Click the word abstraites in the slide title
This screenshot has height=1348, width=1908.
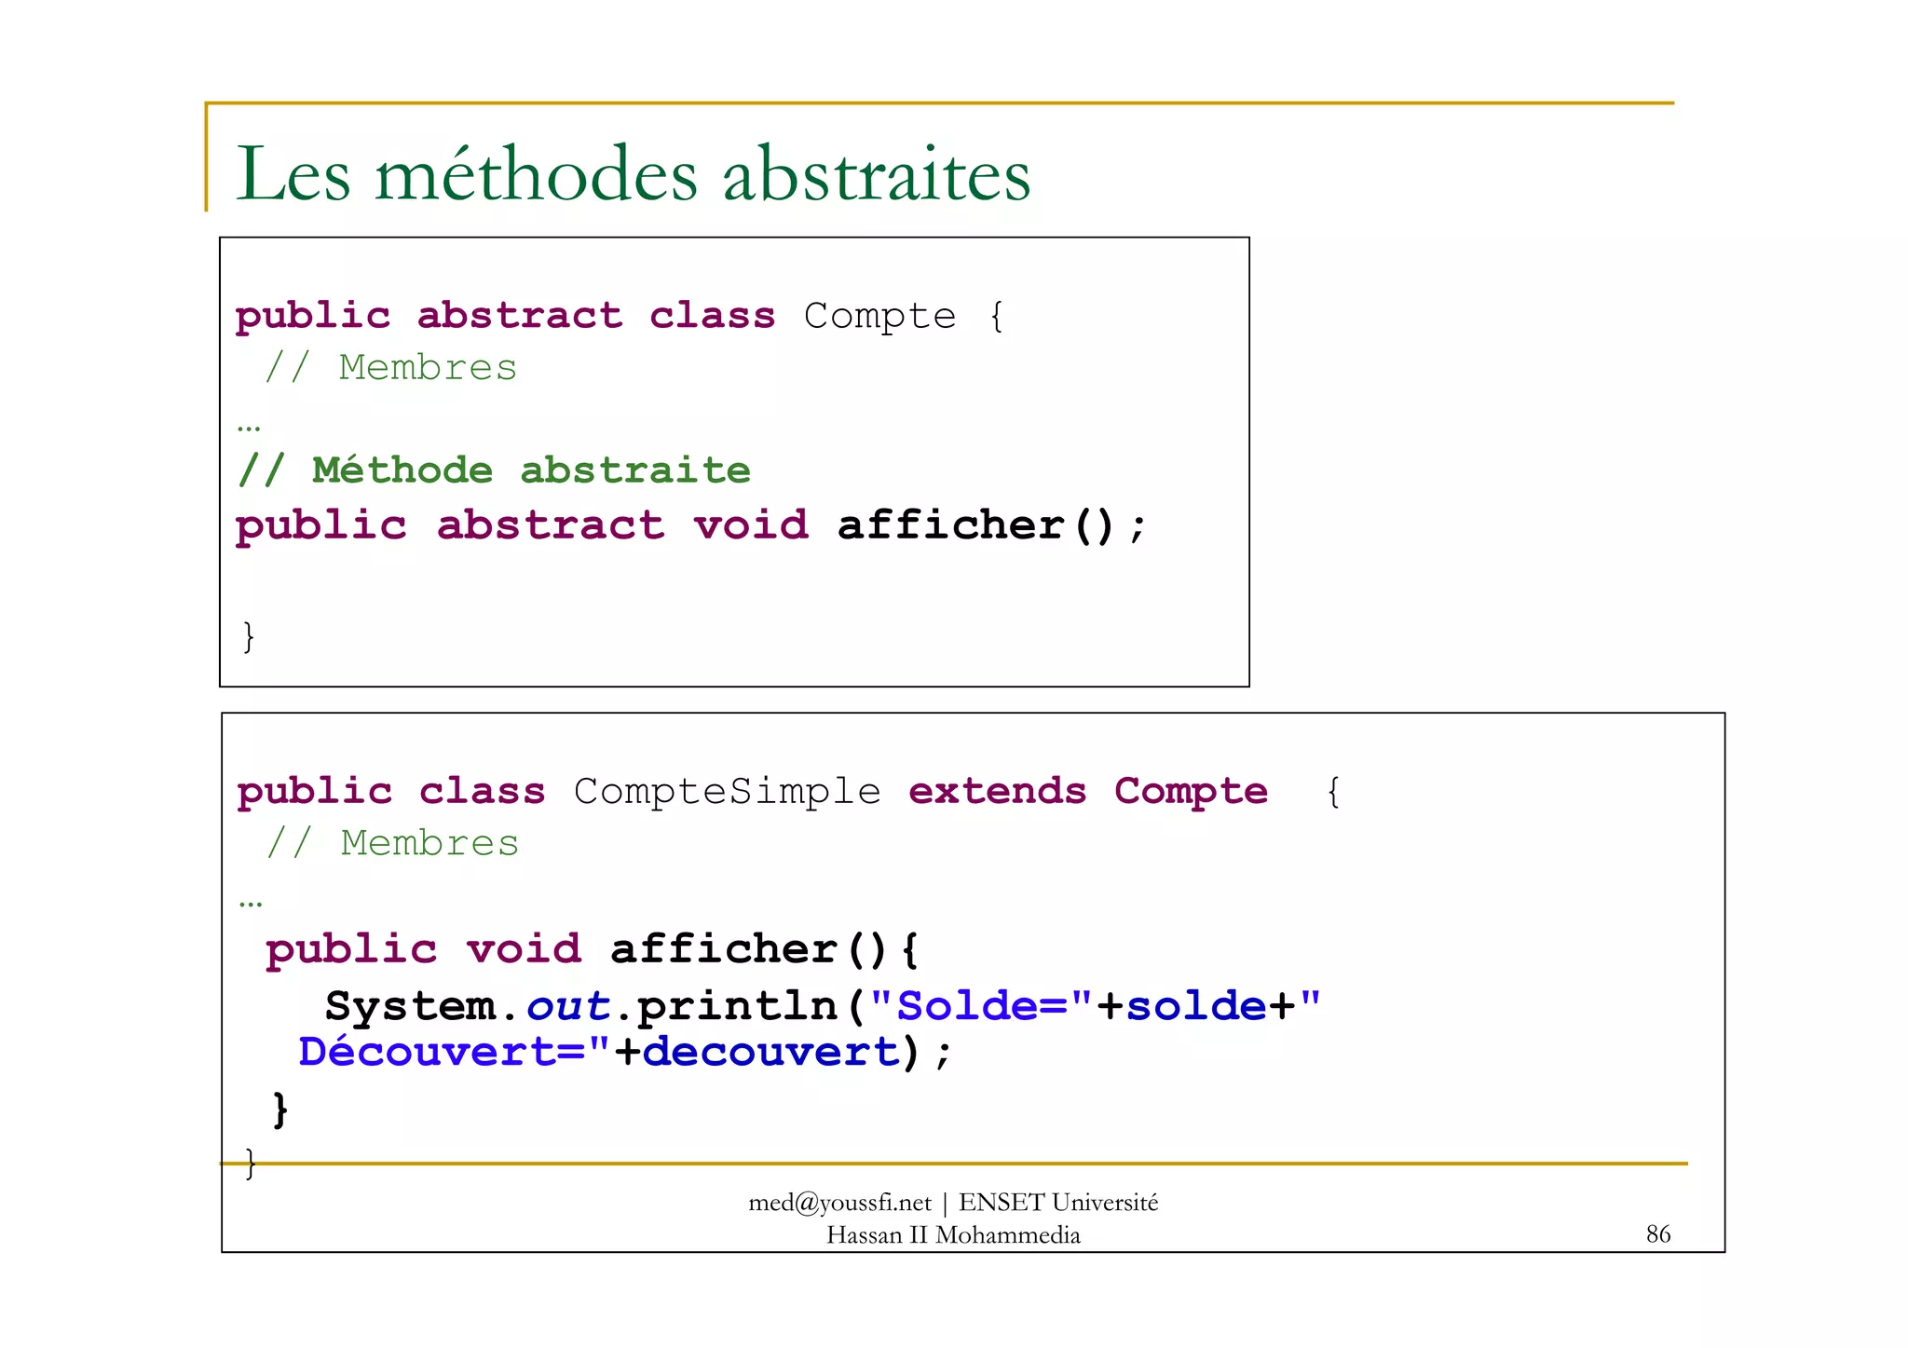click(x=877, y=175)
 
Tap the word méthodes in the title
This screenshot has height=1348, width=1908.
click(x=536, y=175)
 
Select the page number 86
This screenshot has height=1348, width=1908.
click(x=1658, y=1234)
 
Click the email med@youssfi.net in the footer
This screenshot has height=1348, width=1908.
click(x=839, y=1203)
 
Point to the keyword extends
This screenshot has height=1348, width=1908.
click(x=997, y=792)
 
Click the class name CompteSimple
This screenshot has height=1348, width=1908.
click(x=727, y=792)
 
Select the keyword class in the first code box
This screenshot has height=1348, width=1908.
click(x=712, y=317)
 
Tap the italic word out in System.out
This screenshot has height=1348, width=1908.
click(x=567, y=1007)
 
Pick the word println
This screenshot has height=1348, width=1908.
click(x=737, y=1007)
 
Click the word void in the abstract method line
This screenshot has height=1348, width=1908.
click(x=751, y=526)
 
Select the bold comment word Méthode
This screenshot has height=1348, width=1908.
click(x=402, y=470)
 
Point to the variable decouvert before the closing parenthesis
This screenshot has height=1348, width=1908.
click(x=770, y=1053)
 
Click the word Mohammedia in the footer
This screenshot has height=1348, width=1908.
click(x=1007, y=1235)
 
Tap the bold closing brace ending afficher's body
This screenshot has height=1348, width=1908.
click(x=279, y=1110)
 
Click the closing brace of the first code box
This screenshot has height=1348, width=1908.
click(x=248, y=637)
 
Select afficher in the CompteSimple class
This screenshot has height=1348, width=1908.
click(x=723, y=950)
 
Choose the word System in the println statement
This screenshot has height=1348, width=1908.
click(x=410, y=1007)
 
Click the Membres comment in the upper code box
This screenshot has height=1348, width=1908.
click(x=428, y=368)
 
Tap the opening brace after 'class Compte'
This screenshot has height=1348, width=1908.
click(x=997, y=317)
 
